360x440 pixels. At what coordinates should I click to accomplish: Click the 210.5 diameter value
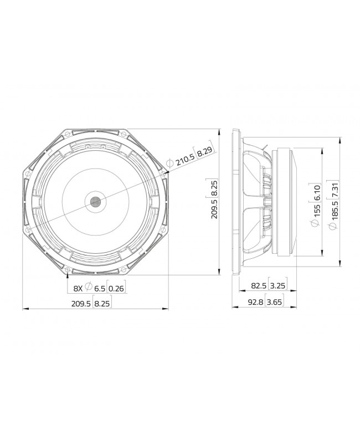(186, 161)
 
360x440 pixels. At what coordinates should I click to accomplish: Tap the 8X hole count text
(79, 288)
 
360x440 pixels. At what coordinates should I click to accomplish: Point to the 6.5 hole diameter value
(100, 288)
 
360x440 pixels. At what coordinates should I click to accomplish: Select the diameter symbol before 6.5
(89, 288)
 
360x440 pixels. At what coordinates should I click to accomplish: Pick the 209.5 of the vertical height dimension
(214, 209)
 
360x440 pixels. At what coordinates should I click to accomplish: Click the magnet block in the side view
(287, 202)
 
